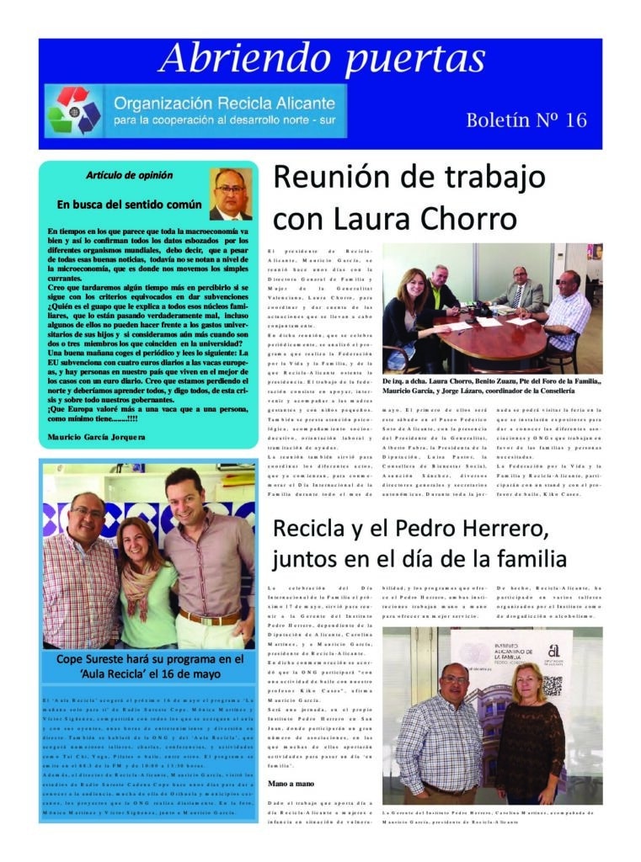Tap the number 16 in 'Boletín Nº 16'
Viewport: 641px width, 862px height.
tap(576, 120)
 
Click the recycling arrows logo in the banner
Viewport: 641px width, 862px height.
tap(74, 110)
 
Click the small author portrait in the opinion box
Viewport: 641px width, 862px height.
tap(231, 194)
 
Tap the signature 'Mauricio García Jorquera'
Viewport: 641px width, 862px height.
tap(97, 438)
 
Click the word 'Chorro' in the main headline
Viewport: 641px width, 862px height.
tap(466, 219)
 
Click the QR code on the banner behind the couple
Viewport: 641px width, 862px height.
tap(552, 685)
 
